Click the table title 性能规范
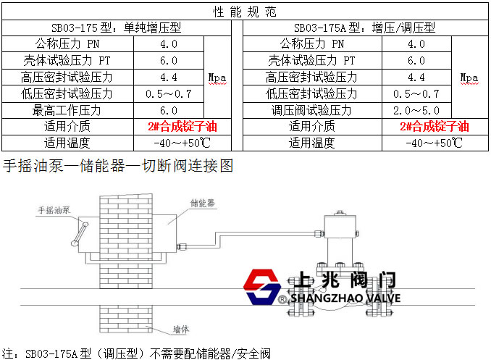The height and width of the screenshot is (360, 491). [x=245, y=12]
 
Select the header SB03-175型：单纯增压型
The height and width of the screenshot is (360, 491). [x=116, y=28]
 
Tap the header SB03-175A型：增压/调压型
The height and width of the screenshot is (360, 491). [x=364, y=28]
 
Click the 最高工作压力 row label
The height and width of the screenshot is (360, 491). [x=67, y=110]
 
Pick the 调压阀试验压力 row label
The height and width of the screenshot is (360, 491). [x=311, y=110]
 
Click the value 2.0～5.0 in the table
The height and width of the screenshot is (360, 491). [x=416, y=110]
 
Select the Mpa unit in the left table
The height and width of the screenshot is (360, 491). [x=217, y=78]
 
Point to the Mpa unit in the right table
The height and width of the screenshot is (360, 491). [x=469, y=78]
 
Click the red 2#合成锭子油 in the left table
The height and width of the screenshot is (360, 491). [x=182, y=127]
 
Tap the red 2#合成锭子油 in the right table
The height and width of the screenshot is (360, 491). [x=435, y=127]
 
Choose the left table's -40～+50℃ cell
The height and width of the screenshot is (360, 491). [x=182, y=143]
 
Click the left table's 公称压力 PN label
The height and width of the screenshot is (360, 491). [x=67, y=44]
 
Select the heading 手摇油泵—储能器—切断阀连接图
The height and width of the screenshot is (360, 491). [x=118, y=165]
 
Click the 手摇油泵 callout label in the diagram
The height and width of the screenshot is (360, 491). [x=54, y=210]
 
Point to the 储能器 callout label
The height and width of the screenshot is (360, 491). [x=203, y=203]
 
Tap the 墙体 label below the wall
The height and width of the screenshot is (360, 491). [x=181, y=330]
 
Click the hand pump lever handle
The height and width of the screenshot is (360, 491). [x=80, y=234]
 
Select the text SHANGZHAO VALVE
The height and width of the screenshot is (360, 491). [x=345, y=298]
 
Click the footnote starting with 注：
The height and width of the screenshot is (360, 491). [x=136, y=353]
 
